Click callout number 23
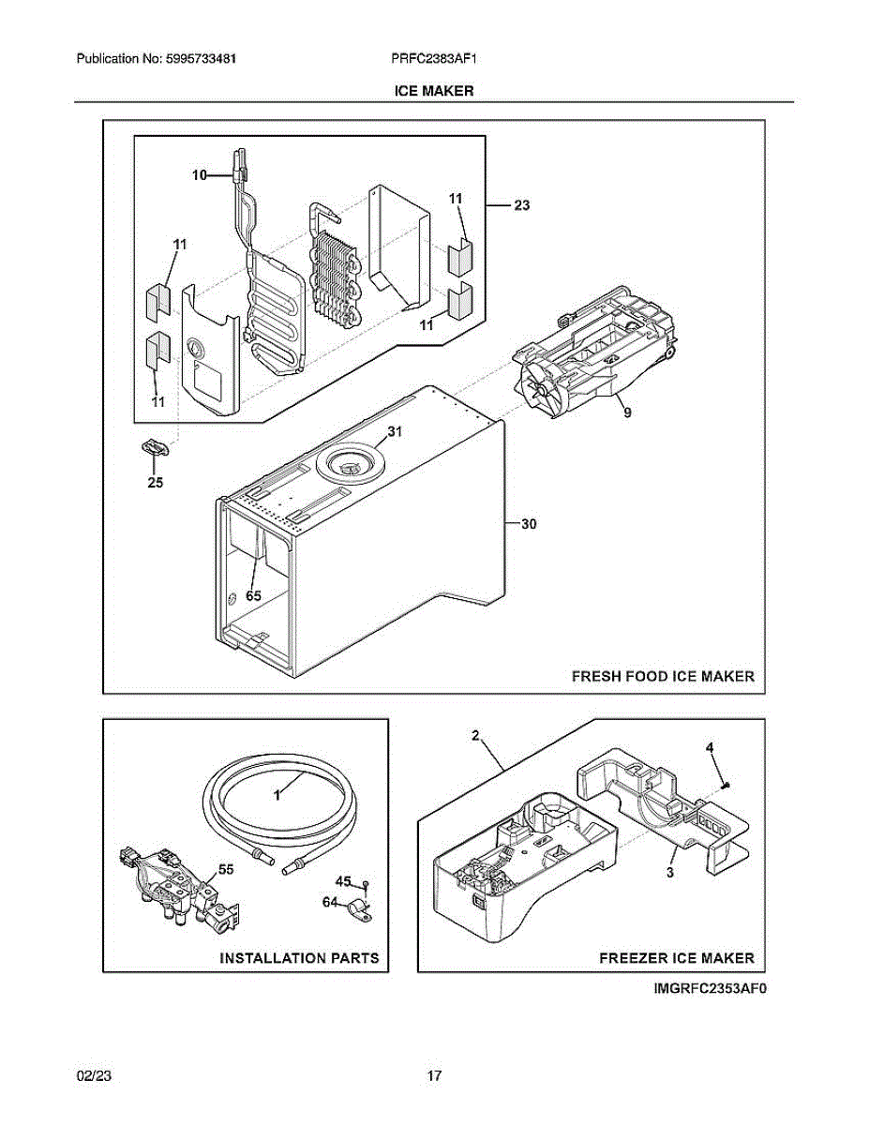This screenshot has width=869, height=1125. (x=522, y=205)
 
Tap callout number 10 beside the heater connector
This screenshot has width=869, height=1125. (x=200, y=174)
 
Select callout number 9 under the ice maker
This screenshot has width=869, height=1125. (x=626, y=411)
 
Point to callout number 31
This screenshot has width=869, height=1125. (x=394, y=432)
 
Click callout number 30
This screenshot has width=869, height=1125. (x=529, y=525)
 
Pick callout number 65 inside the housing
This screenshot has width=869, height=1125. (x=253, y=594)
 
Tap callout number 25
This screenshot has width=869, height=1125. (x=156, y=483)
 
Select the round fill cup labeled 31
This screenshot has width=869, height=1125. (x=349, y=462)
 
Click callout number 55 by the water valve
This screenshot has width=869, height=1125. (x=226, y=870)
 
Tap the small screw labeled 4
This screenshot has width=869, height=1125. (x=729, y=783)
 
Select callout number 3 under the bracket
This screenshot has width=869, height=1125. (x=670, y=872)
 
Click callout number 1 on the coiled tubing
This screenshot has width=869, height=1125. (x=277, y=794)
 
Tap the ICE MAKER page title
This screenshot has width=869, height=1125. (x=434, y=91)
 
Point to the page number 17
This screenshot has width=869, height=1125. (x=434, y=1075)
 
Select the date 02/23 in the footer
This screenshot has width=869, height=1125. (x=91, y=1075)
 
